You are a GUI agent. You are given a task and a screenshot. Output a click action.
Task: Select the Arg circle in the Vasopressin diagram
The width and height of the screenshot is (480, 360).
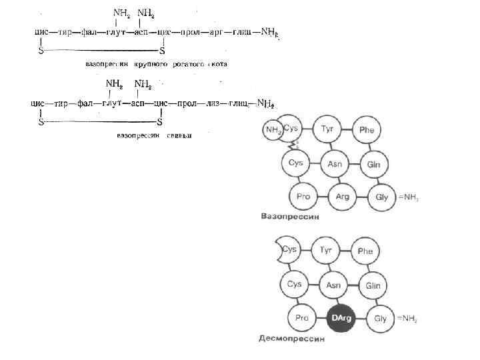tap(343, 197)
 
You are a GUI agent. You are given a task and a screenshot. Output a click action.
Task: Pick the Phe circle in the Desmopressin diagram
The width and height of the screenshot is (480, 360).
tap(365, 251)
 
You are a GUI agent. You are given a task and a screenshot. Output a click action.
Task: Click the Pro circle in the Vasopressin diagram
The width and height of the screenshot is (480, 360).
tap(303, 197)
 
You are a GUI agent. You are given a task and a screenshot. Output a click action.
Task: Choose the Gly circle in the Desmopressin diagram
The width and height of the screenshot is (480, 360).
tap(380, 318)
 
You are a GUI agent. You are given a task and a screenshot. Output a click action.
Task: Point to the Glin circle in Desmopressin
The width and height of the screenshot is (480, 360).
tap(373, 284)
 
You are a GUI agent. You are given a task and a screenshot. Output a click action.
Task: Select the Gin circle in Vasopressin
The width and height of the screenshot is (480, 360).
tap(373, 163)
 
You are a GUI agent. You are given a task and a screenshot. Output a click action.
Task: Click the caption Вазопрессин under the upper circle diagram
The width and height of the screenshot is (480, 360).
tap(289, 217)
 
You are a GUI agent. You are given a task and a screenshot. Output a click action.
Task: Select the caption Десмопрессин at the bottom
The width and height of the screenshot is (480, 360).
tap(291, 339)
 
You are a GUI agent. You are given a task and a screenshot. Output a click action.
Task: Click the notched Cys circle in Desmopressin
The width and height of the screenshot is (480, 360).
tap(289, 250)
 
